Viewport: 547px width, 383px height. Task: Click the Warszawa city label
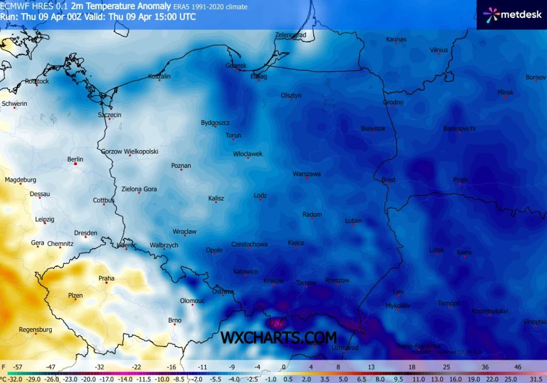pyautogui.click(x=307, y=174)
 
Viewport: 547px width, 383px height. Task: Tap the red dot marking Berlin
pyautogui.click(x=75, y=164)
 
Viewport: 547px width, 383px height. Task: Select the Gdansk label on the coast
pyautogui.click(x=236, y=66)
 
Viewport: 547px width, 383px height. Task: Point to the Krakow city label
pyautogui.click(x=273, y=281)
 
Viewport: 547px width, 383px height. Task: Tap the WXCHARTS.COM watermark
pyautogui.click(x=279, y=338)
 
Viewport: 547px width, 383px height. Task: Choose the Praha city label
pyautogui.click(x=106, y=278)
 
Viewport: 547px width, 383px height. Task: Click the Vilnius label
pyautogui.click(x=439, y=50)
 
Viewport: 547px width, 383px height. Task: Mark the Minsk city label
pyautogui.click(x=505, y=92)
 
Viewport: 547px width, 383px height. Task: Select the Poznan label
pyautogui.click(x=181, y=166)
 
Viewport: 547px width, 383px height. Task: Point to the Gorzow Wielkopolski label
pyautogui.click(x=130, y=151)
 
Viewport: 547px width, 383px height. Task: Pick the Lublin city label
pyautogui.click(x=353, y=220)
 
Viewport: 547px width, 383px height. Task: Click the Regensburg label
pyautogui.click(x=35, y=329)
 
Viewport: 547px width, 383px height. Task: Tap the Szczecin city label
pyautogui.click(x=109, y=115)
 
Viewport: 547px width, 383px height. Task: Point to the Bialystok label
pyautogui.click(x=373, y=129)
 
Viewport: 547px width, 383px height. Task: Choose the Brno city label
pyautogui.click(x=174, y=321)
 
